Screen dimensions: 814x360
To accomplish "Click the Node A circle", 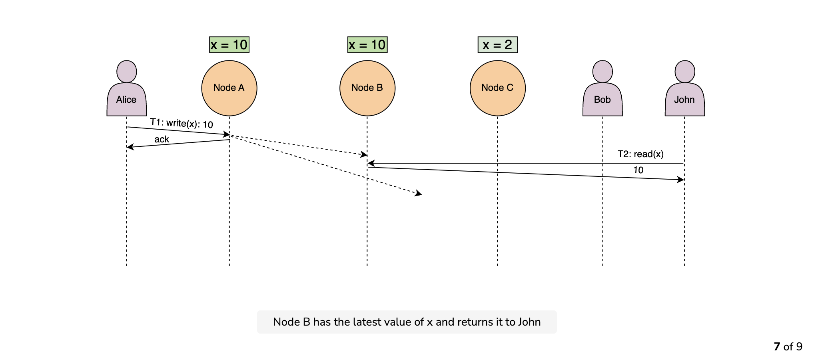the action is point(229,88).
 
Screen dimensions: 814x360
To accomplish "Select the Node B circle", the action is point(367,88).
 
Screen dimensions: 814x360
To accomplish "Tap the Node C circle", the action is point(498,88).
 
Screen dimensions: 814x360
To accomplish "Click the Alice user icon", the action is point(127,88).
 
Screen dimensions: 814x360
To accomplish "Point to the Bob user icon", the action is point(603,88).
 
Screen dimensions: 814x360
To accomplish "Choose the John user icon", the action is point(685,88).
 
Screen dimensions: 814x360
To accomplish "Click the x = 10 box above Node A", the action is point(229,45).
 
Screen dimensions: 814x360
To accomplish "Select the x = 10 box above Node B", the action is point(367,45).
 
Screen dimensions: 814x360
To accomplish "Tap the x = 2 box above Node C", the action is point(498,45).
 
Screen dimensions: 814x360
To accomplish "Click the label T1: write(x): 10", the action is point(182,123).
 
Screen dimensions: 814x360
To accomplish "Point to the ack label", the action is point(162,139).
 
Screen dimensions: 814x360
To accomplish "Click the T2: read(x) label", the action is point(640,154).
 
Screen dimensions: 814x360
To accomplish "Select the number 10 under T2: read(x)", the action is point(638,170).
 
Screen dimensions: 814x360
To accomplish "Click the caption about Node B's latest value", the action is point(407,322).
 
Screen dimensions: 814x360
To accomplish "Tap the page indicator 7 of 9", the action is point(788,346).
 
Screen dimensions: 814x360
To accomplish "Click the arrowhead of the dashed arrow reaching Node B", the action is point(364,154).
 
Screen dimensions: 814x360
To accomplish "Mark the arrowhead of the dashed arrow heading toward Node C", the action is point(419,194).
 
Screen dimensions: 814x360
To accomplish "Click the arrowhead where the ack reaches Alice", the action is point(130,147).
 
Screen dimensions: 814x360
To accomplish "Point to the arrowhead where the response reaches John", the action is point(681,180).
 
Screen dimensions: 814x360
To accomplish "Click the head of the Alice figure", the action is point(127,72).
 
